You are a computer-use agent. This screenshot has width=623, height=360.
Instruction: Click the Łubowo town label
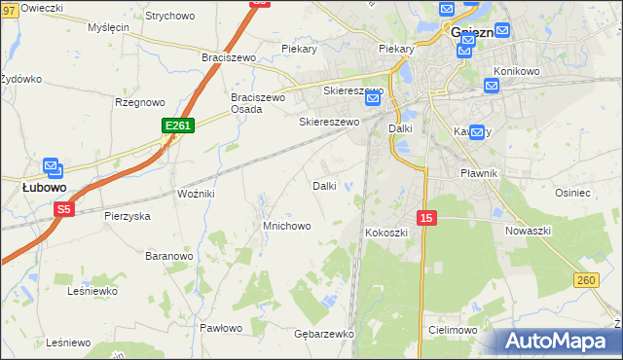click(44, 186)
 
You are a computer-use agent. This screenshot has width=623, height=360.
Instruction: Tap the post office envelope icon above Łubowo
click(51, 168)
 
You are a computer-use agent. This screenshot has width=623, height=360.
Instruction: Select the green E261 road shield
click(178, 126)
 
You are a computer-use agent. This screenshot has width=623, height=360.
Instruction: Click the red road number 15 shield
click(425, 218)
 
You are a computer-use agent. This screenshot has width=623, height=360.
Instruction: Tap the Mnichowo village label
click(287, 226)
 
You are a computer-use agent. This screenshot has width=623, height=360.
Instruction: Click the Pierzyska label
click(128, 216)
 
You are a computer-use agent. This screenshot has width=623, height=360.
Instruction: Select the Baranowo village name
click(168, 256)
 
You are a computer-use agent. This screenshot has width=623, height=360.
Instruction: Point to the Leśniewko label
click(92, 290)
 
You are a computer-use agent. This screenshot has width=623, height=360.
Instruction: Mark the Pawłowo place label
click(221, 328)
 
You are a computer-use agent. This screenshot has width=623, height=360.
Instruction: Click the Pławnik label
click(479, 173)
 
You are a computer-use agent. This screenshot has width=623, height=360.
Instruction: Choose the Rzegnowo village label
click(138, 101)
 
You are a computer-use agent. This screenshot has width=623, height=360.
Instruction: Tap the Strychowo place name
click(170, 16)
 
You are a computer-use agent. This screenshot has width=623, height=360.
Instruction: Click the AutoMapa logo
click(559, 342)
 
